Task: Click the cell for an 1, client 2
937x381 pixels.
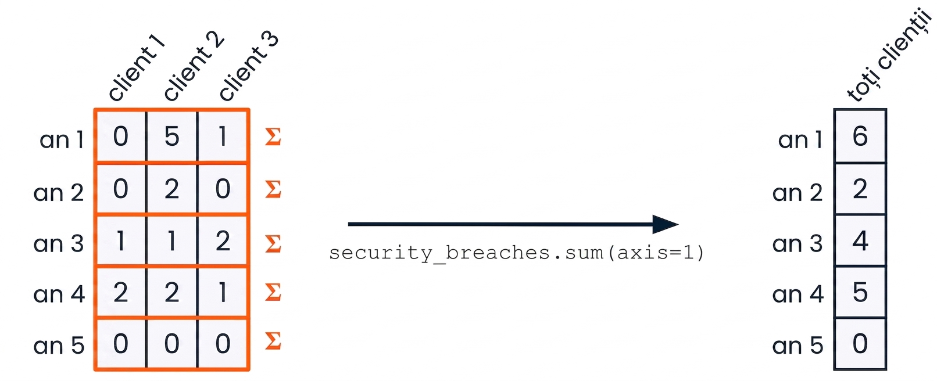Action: click(x=172, y=136)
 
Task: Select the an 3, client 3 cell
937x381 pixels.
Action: click(x=223, y=240)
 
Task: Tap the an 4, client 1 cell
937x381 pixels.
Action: click(x=121, y=292)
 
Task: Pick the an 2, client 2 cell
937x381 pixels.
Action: click(x=172, y=188)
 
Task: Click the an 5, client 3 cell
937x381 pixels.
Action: click(x=223, y=344)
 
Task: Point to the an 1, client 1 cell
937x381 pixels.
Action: click(x=121, y=136)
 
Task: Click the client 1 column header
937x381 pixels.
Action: click(x=137, y=67)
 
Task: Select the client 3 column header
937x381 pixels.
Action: click(x=248, y=66)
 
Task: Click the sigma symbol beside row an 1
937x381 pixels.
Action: click(x=273, y=136)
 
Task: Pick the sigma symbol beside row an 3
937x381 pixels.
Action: click(x=273, y=243)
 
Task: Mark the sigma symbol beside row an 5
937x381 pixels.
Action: click(x=273, y=340)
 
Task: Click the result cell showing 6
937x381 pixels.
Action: click(x=860, y=136)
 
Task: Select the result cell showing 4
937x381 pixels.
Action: click(x=860, y=240)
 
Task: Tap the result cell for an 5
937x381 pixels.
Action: click(x=860, y=344)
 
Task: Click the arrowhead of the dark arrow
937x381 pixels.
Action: click(x=666, y=224)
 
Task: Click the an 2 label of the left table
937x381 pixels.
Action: click(x=59, y=193)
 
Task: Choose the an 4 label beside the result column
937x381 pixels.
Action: click(x=797, y=294)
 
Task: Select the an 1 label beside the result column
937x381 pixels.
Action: click(x=800, y=139)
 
